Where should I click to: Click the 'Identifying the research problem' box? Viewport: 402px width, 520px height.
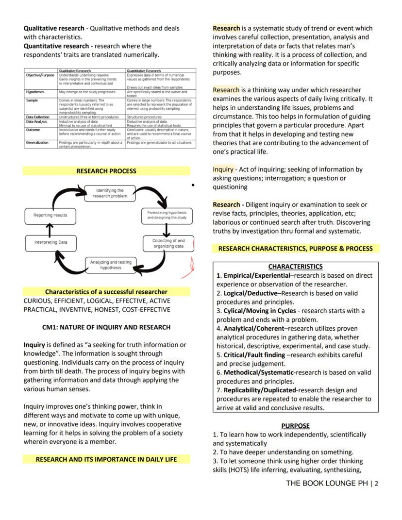tap(110, 193)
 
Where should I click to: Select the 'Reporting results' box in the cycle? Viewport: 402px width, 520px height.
tap(50, 215)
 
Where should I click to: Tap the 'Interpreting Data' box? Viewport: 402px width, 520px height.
tap(50, 242)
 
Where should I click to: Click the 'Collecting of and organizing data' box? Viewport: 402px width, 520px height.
tap(168, 243)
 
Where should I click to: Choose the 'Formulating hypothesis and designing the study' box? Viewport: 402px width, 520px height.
tap(167, 215)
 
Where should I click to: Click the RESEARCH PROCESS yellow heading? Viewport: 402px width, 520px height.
tap(106, 171)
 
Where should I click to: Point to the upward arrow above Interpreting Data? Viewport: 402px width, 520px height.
tap(50, 229)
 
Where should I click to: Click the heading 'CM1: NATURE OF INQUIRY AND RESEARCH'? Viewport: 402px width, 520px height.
tap(106, 327)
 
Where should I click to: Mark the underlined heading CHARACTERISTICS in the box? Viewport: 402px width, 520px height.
tap(295, 267)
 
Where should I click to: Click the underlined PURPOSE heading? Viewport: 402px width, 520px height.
tap(295, 426)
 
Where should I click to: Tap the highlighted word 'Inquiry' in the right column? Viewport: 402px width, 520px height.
tap(223, 169)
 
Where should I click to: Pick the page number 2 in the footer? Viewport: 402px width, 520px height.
tap(376, 484)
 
